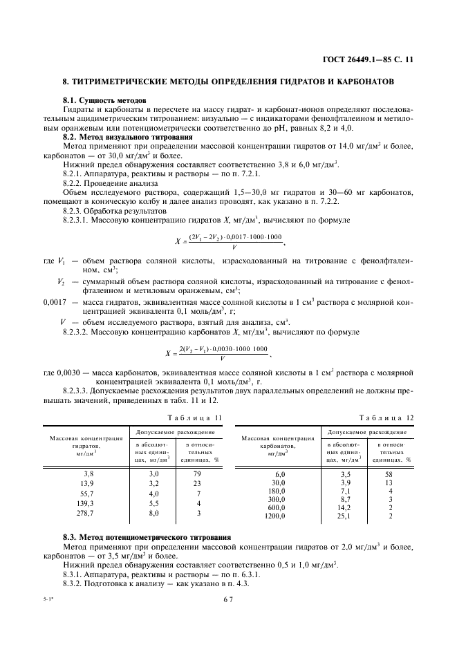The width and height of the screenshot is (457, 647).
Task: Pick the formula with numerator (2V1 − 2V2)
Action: pos(227,241)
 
